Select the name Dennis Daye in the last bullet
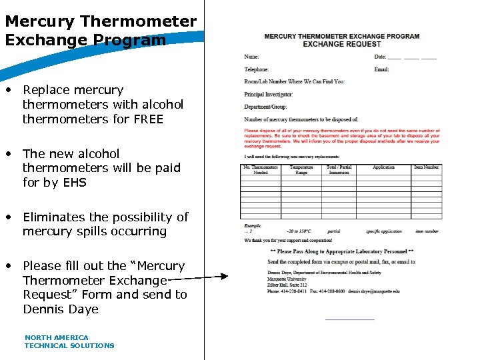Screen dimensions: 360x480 click(61, 309)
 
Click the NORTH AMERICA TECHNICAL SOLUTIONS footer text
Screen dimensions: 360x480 click(69, 341)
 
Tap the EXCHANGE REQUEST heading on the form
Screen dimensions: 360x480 click(341, 44)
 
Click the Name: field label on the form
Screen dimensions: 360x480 click(251, 57)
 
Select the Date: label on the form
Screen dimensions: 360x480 click(380, 57)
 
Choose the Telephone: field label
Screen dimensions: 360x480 click(257, 69)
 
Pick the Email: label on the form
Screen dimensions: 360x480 click(381, 69)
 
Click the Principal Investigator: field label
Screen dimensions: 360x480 click(269, 94)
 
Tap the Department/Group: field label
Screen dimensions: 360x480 click(265, 107)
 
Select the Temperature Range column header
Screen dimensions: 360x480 click(301, 170)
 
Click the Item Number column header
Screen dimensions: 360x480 click(426, 167)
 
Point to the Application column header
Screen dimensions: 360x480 click(383, 167)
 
